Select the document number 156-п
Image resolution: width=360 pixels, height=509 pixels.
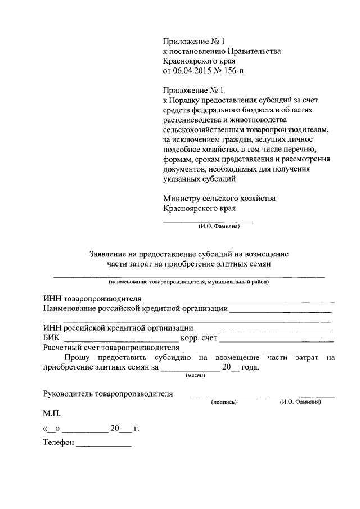235,71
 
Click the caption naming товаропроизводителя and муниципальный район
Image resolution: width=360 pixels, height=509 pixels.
189,282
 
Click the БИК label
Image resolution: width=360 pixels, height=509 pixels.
51,339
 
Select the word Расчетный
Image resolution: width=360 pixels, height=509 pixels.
62,348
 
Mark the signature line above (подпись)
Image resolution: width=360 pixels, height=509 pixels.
223,398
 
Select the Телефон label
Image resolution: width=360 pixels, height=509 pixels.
58,443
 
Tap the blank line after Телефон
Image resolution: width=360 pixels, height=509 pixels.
103,445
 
